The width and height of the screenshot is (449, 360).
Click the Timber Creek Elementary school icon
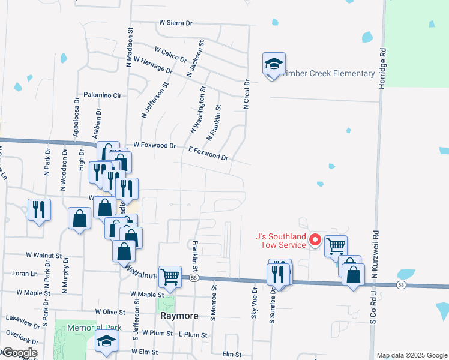pyautogui.click(x=274, y=64)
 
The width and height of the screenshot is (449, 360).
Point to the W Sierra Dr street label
pyautogui.click(x=175, y=23)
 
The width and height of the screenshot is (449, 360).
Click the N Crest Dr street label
pyautogui.click(x=246, y=94)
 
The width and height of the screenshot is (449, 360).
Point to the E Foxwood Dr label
pyautogui.click(x=208, y=153)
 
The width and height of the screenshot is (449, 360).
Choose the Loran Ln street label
pyautogui.click(x=25, y=273)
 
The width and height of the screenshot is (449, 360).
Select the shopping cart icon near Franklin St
pyautogui.click(x=170, y=276)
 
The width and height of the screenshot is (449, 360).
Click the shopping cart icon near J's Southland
pyautogui.click(x=336, y=245)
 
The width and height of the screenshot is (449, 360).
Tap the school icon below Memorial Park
pyautogui.click(x=106, y=341)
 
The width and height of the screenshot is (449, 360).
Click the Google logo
pyautogui.click(x=19, y=353)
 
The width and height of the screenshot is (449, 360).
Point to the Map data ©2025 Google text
pyautogui.click(x=411, y=355)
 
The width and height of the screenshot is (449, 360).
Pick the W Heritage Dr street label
pyautogui.click(x=153, y=65)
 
